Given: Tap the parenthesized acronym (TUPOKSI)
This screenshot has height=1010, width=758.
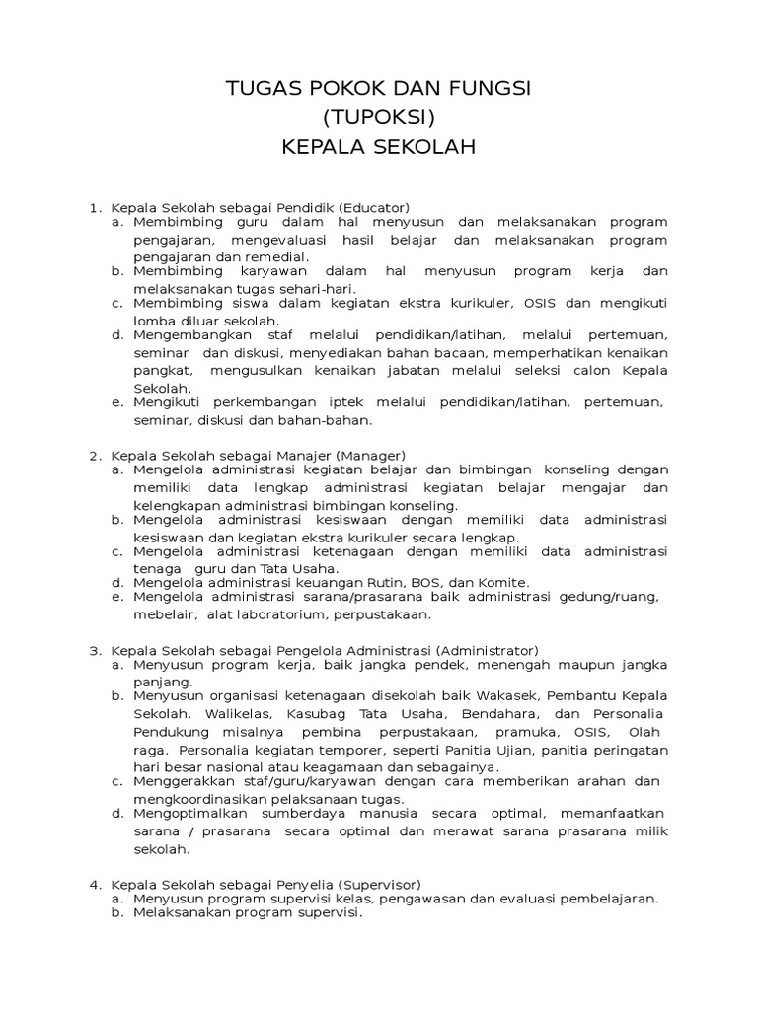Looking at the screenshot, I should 379,118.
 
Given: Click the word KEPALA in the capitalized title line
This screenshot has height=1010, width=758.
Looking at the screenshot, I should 321,148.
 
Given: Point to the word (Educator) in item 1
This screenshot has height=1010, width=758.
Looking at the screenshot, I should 373,207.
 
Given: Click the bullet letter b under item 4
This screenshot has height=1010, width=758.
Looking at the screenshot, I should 116,913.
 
